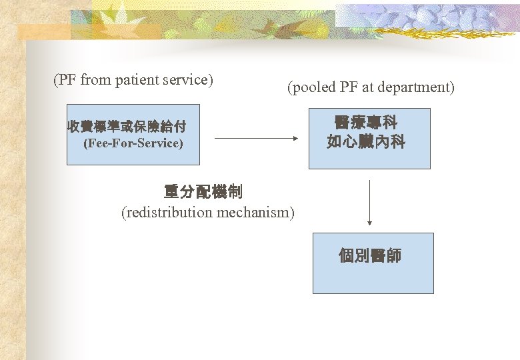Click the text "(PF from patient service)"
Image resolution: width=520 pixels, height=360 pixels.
pyautogui.click(x=133, y=80)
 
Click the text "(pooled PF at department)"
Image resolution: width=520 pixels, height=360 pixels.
pyautogui.click(x=371, y=87)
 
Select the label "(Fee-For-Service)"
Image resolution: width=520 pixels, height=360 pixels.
pyautogui.click(x=133, y=143)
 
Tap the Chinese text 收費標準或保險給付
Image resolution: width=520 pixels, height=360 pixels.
pyautogui.click(x=127, y=126)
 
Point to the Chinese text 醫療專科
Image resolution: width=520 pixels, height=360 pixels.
pyautogui.click(x=366, y=123)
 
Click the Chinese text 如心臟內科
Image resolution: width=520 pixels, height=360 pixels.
pyautogui.click(x=366, y=142)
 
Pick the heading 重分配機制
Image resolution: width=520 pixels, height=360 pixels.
pyautogui.click(x=203, y=193)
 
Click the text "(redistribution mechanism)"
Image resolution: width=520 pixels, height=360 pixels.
pyautogui.click(x=207, y=213)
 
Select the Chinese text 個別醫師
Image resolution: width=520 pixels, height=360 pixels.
pyautogui.click(x=370, y=256)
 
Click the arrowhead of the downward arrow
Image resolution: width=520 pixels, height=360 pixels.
pyautogui.click(x=369, y=223)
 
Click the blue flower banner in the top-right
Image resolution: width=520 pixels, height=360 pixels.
pyautogui.click(x=427, y=20)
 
